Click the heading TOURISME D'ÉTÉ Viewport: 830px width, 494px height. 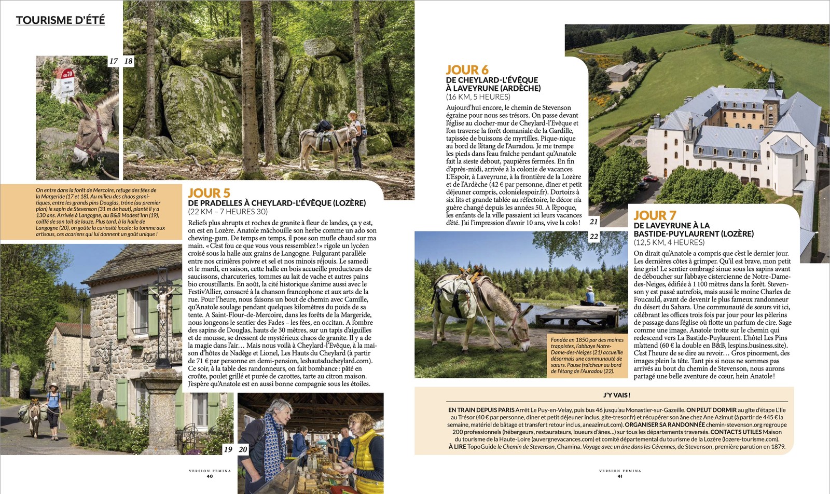[60, 20]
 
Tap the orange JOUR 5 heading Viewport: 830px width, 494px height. [209, 193]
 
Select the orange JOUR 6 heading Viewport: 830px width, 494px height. [467, 70]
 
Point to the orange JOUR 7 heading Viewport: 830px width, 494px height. [655, 215]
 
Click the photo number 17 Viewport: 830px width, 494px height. [113, 61]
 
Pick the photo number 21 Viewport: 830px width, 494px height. [593, 222]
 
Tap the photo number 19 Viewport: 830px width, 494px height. [228, 449]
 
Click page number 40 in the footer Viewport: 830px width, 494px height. [210, 476]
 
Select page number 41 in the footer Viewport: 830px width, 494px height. [620, 476]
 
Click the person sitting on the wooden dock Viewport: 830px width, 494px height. [589, 296]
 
